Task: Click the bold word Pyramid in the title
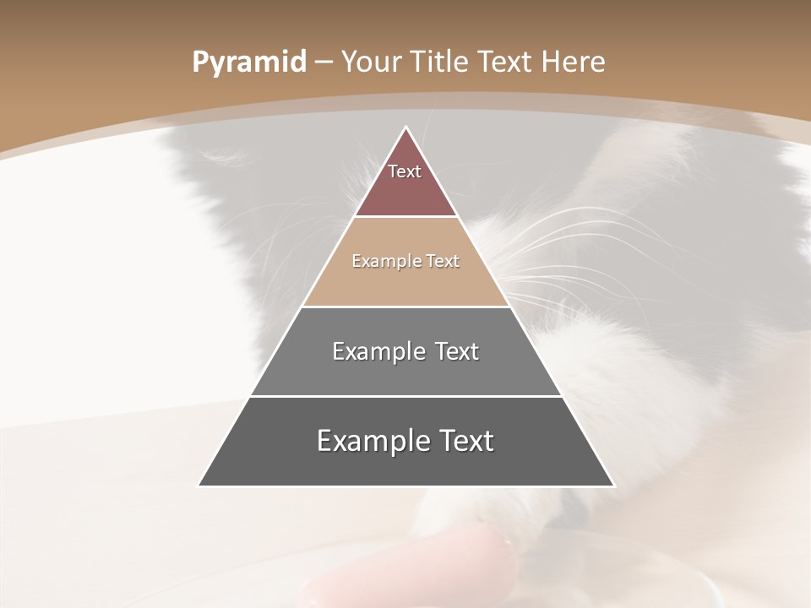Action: point(248,62)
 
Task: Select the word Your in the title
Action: point(370,62)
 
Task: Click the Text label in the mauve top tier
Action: point(405,171)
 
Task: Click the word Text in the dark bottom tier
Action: point(465,441)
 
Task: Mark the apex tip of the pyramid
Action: point(405,128)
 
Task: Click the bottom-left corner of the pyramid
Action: point(199,486)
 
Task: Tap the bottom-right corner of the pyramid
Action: point(612,486)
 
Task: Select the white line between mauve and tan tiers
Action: point(405,217)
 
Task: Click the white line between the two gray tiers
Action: point(405,396)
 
